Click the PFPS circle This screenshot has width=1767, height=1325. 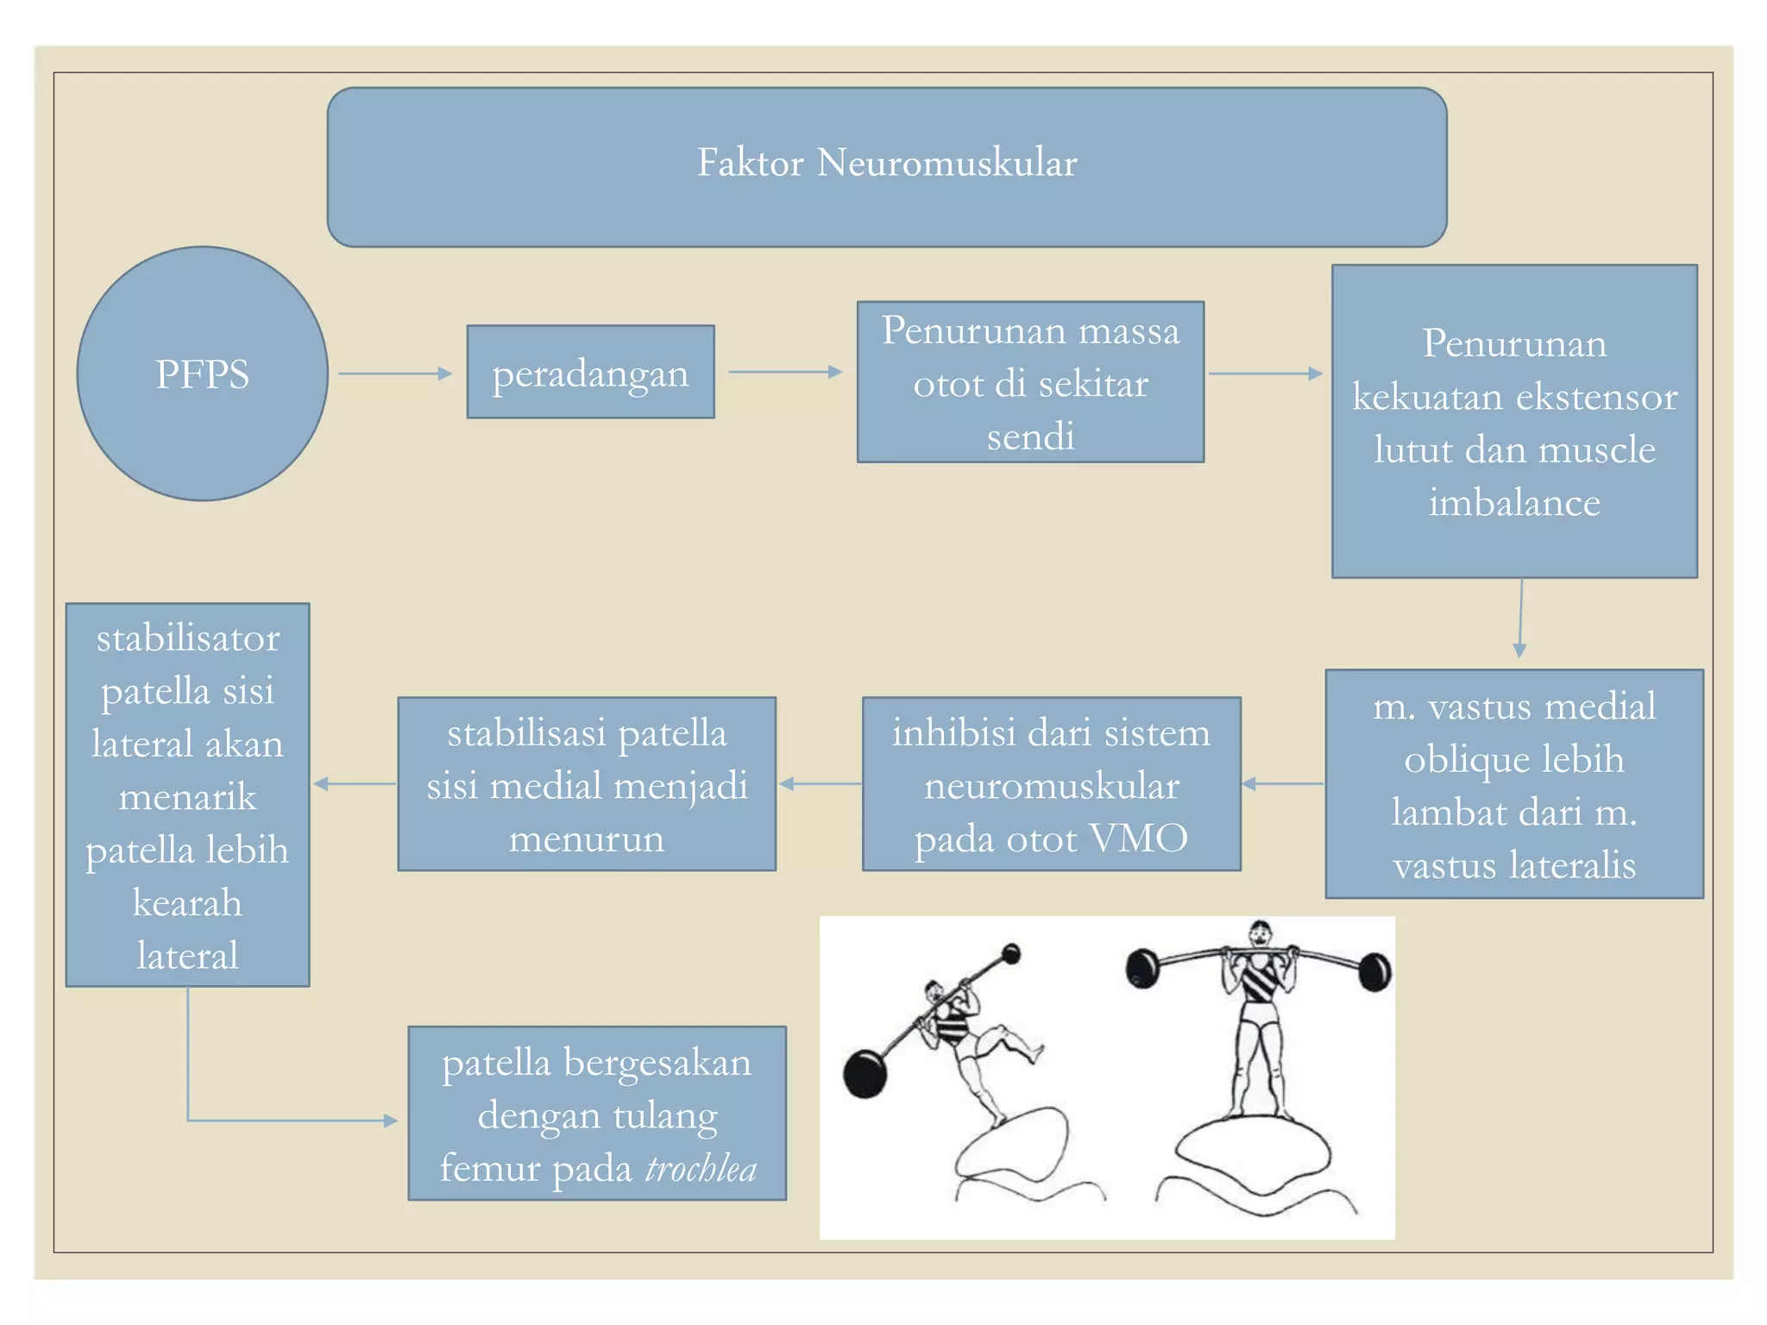[202, 374]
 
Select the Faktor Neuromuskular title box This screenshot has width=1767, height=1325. [886, 166]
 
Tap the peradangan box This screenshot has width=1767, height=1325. [590, 372]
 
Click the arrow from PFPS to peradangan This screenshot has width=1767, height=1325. [395, 374]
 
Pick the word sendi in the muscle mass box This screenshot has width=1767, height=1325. [1030, 436]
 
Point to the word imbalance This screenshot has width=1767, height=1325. [1514, 502]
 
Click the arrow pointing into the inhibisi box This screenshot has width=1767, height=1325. [1282, 783]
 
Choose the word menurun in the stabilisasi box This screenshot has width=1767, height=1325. [587, 838]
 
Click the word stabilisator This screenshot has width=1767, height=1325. [188, 638]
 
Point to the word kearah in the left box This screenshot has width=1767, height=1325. [187, 903]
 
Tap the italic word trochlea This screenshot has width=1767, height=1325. [701, 1169]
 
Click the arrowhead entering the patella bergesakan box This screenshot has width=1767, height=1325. [390, 1121]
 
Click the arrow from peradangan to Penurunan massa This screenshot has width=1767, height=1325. [785, 372]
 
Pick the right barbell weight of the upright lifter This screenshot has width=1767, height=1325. [1374, 972]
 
